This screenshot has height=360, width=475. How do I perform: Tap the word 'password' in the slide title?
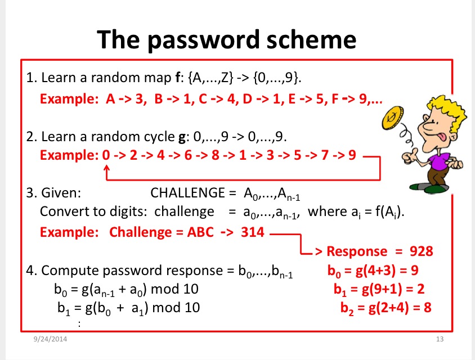tap(204, 40)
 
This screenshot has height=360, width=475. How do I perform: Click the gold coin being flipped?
tap(393, 118)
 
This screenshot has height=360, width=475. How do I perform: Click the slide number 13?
tap(440, 339)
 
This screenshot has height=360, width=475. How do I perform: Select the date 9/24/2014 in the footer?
tap(50, 339)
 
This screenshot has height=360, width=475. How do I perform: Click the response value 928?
tap(421, 251)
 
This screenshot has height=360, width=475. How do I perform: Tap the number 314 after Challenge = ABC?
tap(253, 232)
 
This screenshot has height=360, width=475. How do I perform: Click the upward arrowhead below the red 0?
tap(106, 168)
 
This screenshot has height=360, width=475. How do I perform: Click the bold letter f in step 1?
tap(178, 78)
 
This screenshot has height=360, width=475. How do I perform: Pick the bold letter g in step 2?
tap(182, 137)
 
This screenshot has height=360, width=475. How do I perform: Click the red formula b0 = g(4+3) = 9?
tap(373, 271)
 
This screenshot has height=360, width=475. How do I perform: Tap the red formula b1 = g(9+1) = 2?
tap(379, 289)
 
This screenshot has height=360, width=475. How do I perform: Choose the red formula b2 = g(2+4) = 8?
tap(386, 308)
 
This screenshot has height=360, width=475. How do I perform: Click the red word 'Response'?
tap(357, 251)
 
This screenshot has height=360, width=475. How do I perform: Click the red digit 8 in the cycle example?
tap(216, 155)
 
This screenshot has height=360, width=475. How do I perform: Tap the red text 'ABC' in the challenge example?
tap(200, 232)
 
